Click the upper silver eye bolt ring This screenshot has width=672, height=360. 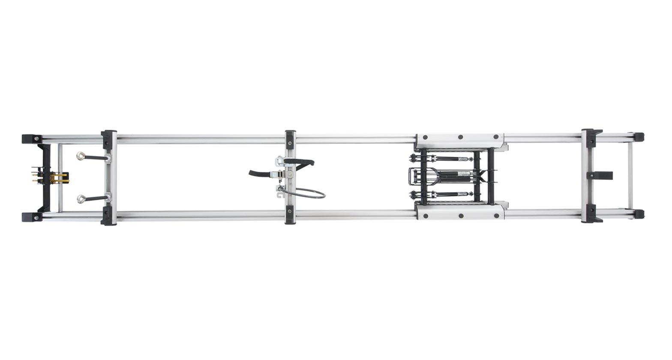(x=81, y=156)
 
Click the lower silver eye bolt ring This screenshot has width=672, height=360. (x=81, y=198)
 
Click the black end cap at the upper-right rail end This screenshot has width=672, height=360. (x=639, y=137)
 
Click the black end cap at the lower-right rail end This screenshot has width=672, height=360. (x=639, y=214)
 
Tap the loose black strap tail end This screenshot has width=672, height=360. (x=253, y=173)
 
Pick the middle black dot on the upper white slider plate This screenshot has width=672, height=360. (x=460, y=138)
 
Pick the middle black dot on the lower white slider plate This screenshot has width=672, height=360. (x=460, y=216)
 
